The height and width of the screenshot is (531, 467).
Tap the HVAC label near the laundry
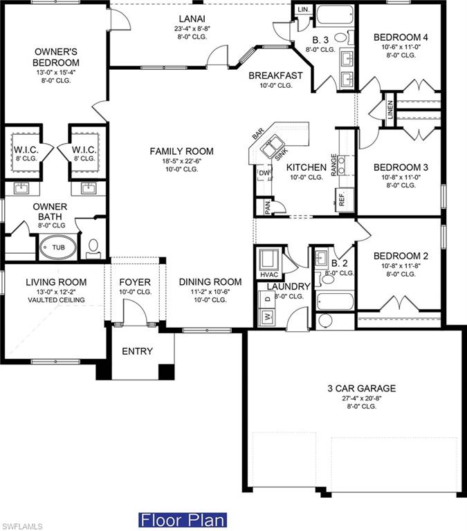pos(268,275)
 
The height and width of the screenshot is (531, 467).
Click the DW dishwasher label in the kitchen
pos(264,173)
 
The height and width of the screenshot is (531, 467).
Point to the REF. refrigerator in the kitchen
pos(342,199)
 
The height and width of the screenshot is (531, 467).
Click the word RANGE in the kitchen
pos(334,165)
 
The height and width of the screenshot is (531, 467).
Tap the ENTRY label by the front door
pos(137,351)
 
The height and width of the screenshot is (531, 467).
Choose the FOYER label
pos(135,282)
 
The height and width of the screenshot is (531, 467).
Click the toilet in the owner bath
pos(93,245)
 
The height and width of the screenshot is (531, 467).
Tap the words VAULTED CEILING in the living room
pos(56,300)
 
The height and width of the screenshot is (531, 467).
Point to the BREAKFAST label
pos(275,76)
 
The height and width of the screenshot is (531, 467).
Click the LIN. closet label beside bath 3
pos(303,10)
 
